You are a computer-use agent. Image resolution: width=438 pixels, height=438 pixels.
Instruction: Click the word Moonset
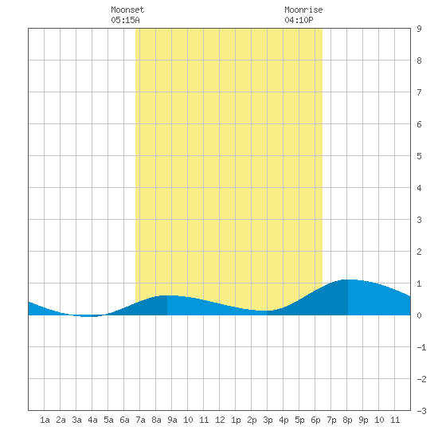(x=127, y=10)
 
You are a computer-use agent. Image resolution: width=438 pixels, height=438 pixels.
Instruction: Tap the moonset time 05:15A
(x=125, y=20)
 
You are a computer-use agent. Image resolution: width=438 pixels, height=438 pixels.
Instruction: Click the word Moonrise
(x=303, y=10)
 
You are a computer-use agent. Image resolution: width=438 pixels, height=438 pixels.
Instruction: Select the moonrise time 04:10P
(x=299, y=20)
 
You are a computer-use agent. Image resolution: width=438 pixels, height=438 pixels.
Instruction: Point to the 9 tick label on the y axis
(x=419, y=29)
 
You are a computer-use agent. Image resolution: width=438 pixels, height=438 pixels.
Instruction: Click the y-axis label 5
(x=419, y=156)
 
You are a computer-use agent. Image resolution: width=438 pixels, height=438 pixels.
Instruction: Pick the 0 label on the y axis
(x=419, y=315)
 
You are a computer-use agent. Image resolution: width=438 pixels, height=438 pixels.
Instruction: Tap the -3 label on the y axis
(x=421, y=411)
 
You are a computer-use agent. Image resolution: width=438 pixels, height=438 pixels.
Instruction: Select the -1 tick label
(x=421, y=347)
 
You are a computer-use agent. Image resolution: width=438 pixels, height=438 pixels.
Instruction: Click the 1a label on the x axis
(x=45, y=420)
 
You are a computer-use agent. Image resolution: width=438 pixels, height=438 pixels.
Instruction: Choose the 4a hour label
(x=92, y=420)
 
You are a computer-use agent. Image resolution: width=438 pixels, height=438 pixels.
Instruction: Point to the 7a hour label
(x=140, y=420)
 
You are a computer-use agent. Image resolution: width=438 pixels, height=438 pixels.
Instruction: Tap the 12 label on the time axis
(x=220, y=420)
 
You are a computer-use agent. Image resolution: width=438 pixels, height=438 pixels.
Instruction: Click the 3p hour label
(x=268, y=420)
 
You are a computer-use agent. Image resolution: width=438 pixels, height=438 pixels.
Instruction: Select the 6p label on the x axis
(x=315, y=420)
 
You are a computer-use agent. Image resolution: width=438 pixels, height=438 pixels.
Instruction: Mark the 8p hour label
(x=347, y=420)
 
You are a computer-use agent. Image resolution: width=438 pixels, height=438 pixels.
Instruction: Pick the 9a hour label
(x=172, y=420)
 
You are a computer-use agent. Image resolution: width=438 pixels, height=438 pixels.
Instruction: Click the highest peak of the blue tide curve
(x=348, y=280)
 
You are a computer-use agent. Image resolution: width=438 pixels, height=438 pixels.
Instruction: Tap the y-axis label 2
(x=419, y=252)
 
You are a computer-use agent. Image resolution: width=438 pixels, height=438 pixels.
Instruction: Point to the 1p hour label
(x=236, y=420)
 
